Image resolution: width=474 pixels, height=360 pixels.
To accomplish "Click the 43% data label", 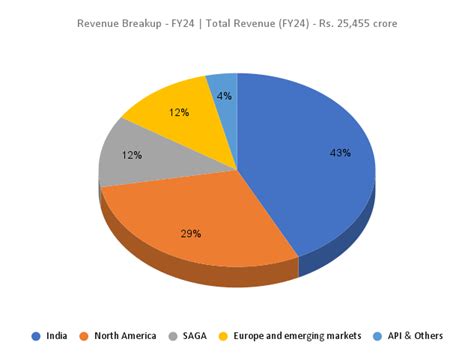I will tap(339, 153).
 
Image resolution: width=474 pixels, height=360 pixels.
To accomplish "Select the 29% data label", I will tap(191, 233).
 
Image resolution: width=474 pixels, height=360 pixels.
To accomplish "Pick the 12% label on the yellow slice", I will tap(180, 112).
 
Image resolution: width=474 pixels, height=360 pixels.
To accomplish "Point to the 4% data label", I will tap(224, 97).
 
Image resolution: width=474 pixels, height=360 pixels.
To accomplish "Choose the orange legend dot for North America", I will tap(84, 336).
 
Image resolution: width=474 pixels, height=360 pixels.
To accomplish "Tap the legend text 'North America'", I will tap(125, 336).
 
